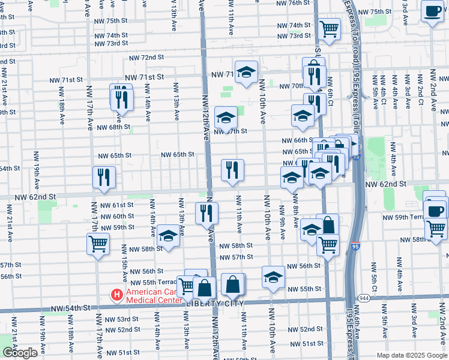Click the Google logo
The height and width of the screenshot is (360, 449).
pos(20,353)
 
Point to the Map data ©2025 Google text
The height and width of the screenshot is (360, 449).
pos(412,355)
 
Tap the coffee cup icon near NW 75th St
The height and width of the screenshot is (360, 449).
pos(432,11)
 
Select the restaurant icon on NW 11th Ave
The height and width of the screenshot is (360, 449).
pos(232,170)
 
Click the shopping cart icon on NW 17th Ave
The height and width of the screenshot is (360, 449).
pos(98,244)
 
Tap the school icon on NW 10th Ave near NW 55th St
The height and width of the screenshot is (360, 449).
pos(273,277)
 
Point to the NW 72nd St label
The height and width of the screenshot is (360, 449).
pos(148,57)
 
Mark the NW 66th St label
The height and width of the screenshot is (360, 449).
pos(294,140)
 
